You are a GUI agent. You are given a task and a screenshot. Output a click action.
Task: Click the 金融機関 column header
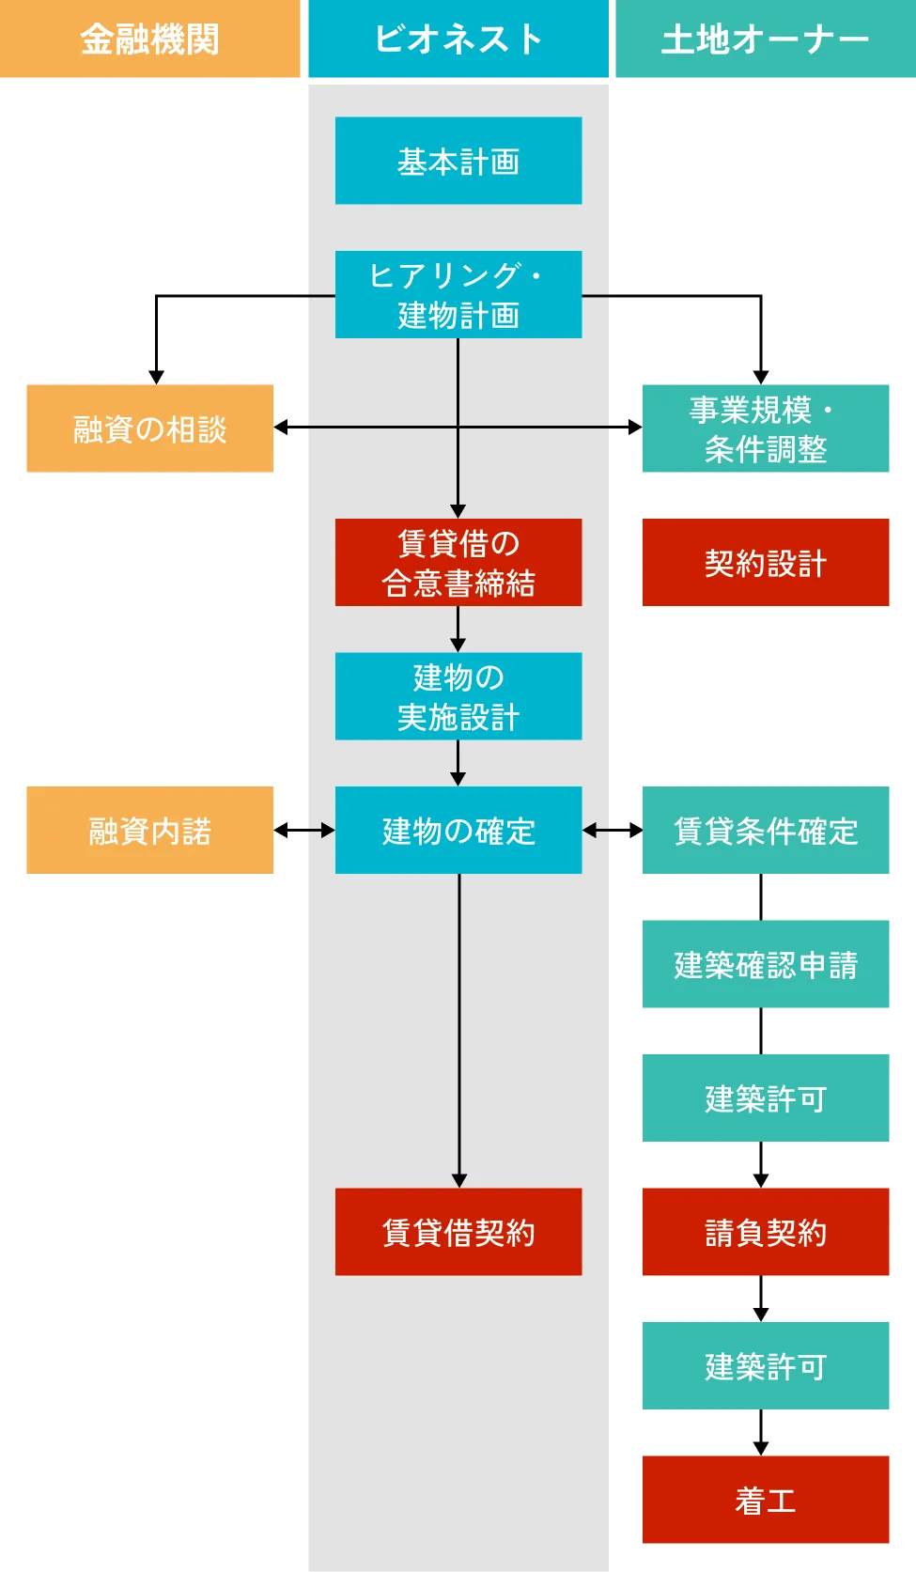click(149, 39)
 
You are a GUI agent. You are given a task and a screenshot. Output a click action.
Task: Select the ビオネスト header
click(458, 39)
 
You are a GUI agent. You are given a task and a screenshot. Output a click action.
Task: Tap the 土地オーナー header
click(765, 39)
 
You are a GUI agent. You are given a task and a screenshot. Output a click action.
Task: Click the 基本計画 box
click(458, 161)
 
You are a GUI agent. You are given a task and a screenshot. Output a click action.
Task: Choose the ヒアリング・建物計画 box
click(458, 294)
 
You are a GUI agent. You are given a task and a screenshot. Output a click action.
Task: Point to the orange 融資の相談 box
click(149, 428)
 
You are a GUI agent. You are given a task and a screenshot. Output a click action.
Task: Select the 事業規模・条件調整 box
click(765, 428)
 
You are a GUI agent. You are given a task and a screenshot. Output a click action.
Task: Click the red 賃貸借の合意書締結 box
click(458, 562)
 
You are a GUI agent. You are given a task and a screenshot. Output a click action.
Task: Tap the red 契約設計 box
click(765, 562)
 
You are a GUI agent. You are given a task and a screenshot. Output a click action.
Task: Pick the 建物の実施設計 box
click(458, 696)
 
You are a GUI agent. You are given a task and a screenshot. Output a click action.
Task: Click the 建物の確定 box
click(458, 830)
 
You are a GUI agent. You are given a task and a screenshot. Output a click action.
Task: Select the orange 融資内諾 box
click(149, 830)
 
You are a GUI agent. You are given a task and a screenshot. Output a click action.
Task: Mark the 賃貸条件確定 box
click(765, 830)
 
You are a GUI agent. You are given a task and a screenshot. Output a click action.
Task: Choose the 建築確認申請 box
click(765, 964)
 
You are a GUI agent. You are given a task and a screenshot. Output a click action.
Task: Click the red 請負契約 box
click(765, 1232)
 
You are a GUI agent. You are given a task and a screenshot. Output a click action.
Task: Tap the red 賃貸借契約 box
click(458, 1232)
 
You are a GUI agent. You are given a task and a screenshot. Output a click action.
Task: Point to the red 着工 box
click(765, 1500)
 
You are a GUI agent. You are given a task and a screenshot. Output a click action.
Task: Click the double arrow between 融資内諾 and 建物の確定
click(304, 831)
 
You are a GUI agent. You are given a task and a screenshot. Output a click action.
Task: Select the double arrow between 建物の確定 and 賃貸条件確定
click(613, 831)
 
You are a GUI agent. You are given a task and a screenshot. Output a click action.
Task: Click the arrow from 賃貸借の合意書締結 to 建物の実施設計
click(458, 630)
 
